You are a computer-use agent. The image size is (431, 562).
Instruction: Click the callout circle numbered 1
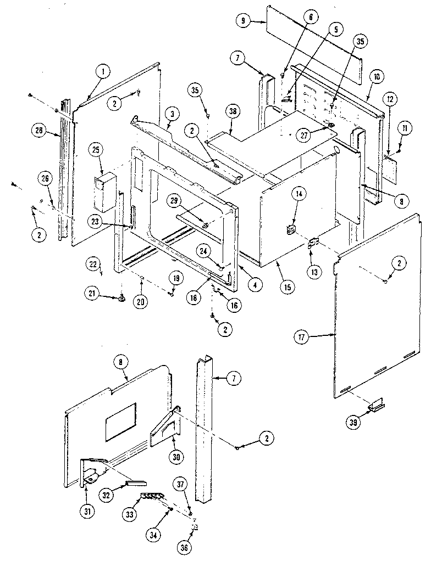click(x=102, y=70)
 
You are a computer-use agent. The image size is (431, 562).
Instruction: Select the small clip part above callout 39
click(x=377, y=406)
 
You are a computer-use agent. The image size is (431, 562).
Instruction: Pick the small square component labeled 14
click(x=291, y=229)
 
